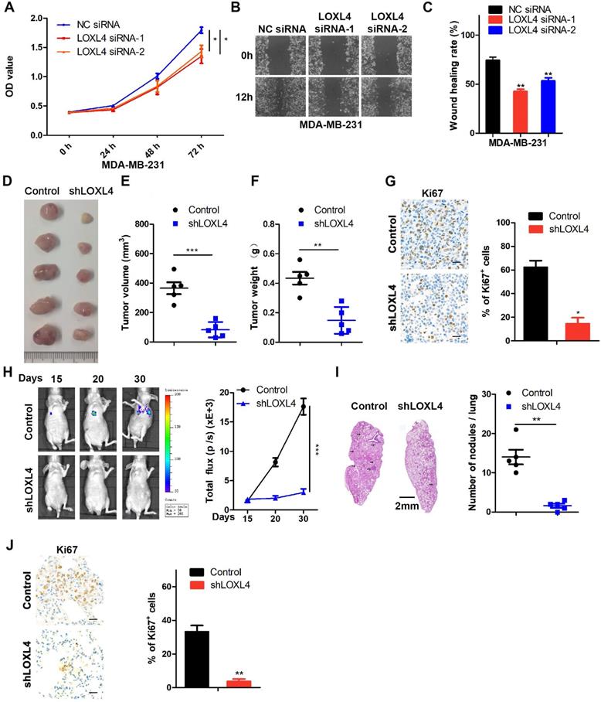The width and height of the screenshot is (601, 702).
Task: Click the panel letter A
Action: [7, 7]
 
